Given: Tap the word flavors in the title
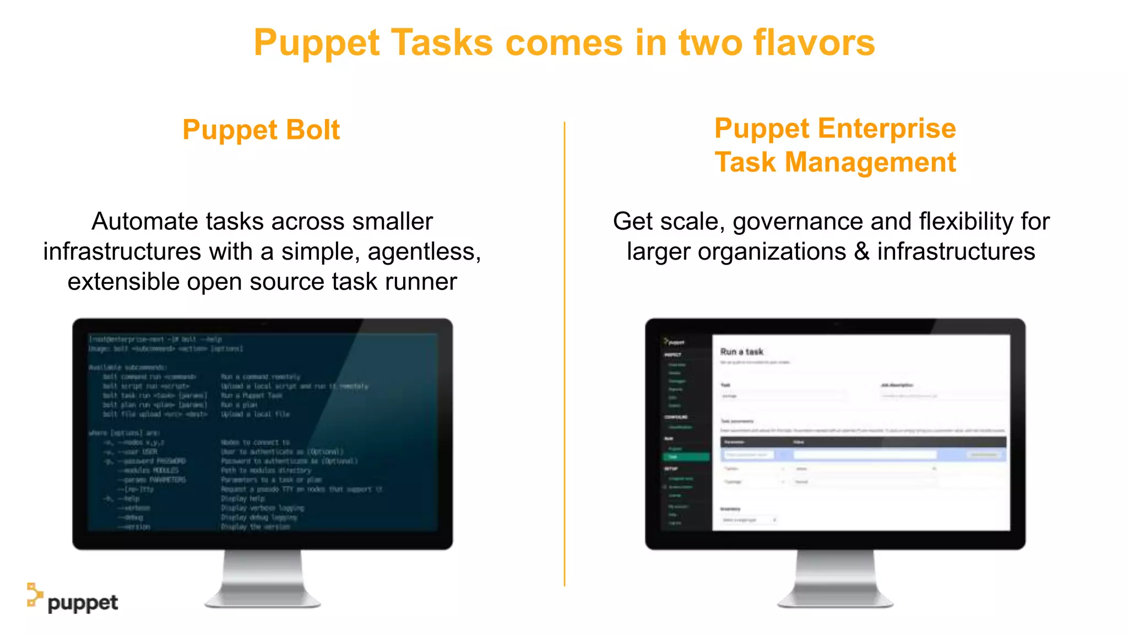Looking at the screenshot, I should click(x=814, y=43).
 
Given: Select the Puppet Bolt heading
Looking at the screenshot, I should click(x=261, y=130).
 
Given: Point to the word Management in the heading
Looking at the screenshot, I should click(x=870, y=163).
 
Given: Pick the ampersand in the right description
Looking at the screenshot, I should click(x=862, y=252).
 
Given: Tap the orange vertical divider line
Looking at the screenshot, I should click(x=565, y=353).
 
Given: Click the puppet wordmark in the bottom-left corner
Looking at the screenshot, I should click(x=83, y=603).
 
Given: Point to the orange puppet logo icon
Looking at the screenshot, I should click(x=34, y=595).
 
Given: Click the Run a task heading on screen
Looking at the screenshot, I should click(x=741, y=352).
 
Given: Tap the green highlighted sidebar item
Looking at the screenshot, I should click(x=686, y=457).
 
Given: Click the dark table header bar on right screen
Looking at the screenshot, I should click(x=863, y=442).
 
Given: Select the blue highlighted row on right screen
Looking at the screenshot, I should click(x=863, y=455).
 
